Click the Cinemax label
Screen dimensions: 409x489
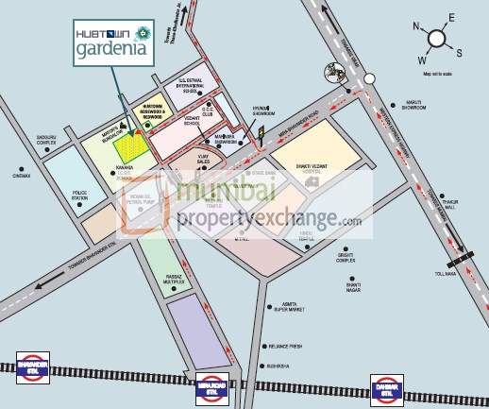(23, 175)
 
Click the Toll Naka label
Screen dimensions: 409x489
(444, 272)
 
